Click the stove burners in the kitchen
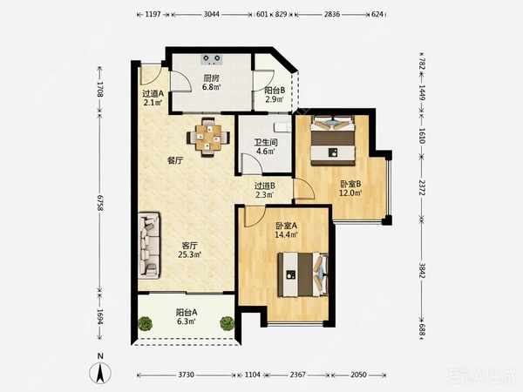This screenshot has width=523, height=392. pyautogui.click(x=212, y=59)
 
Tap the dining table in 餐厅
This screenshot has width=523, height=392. pyautogui.click(x=208, y=137)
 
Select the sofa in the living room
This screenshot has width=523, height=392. pyautogui.click(x=149, y=246)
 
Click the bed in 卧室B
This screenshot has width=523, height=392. pyautogui.click(x=332, y=140)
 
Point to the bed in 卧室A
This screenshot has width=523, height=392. pyautogui.click(x=302, y=274)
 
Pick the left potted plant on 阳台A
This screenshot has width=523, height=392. pyautogui.click(x=145, y=323)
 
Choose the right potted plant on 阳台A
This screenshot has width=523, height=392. pyautogui.click(x=227, y=323)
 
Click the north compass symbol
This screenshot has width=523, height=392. pyautogui.click(x=100, y=370)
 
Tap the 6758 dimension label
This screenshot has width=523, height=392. pyautogui.click(x=99, y=203)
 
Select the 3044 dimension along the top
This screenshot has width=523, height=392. pyautogui.click(x=212, y=14)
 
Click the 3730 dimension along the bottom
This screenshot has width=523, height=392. pyautogui.click(x=186, y=375)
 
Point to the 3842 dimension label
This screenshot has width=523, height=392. pyautogui.click(x=422, y=270)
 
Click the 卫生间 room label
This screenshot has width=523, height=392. pyautogui.click(x=266, y=142)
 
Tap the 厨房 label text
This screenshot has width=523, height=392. pyautogui.click(x=212, y=78)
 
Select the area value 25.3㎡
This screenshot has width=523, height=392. pyautogui.click(x=189, y=255)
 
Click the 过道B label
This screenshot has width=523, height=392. pyautogui.click(x=265, y=186)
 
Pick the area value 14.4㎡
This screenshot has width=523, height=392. pyautogui.click(x=286, y=234)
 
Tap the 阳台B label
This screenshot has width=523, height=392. pyautogui.click(x=275, y=91)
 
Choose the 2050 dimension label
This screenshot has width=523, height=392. pyautogui.click(x=358, y=375)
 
